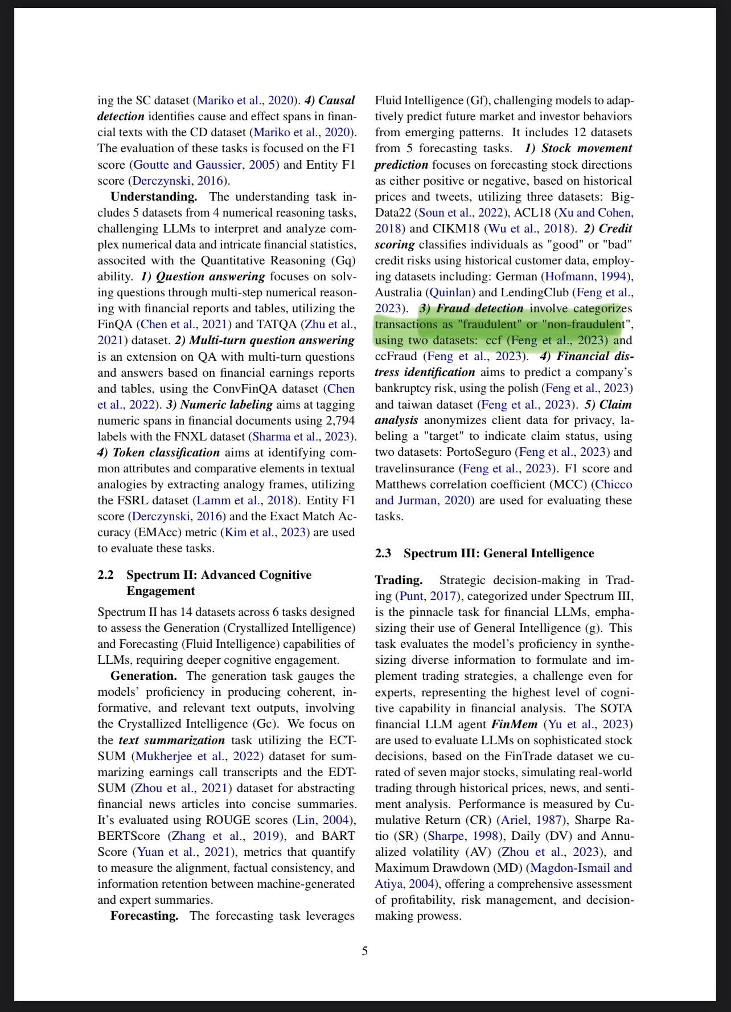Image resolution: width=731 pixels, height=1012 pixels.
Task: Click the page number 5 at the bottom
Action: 365,950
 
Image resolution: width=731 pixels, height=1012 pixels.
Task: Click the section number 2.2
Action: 105,575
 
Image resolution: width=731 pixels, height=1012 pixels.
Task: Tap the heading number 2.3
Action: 383,553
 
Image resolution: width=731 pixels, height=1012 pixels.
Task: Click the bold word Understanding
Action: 154,197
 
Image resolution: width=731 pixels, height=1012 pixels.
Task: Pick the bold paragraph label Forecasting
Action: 144,916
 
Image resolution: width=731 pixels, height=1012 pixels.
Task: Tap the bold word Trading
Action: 399,580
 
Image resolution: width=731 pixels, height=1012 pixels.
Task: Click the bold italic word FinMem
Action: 514,724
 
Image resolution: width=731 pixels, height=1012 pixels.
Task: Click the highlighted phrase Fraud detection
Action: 479,308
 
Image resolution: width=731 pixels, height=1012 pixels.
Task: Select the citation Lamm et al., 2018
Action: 245,500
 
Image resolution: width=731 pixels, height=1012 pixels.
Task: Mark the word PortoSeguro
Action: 479,452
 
